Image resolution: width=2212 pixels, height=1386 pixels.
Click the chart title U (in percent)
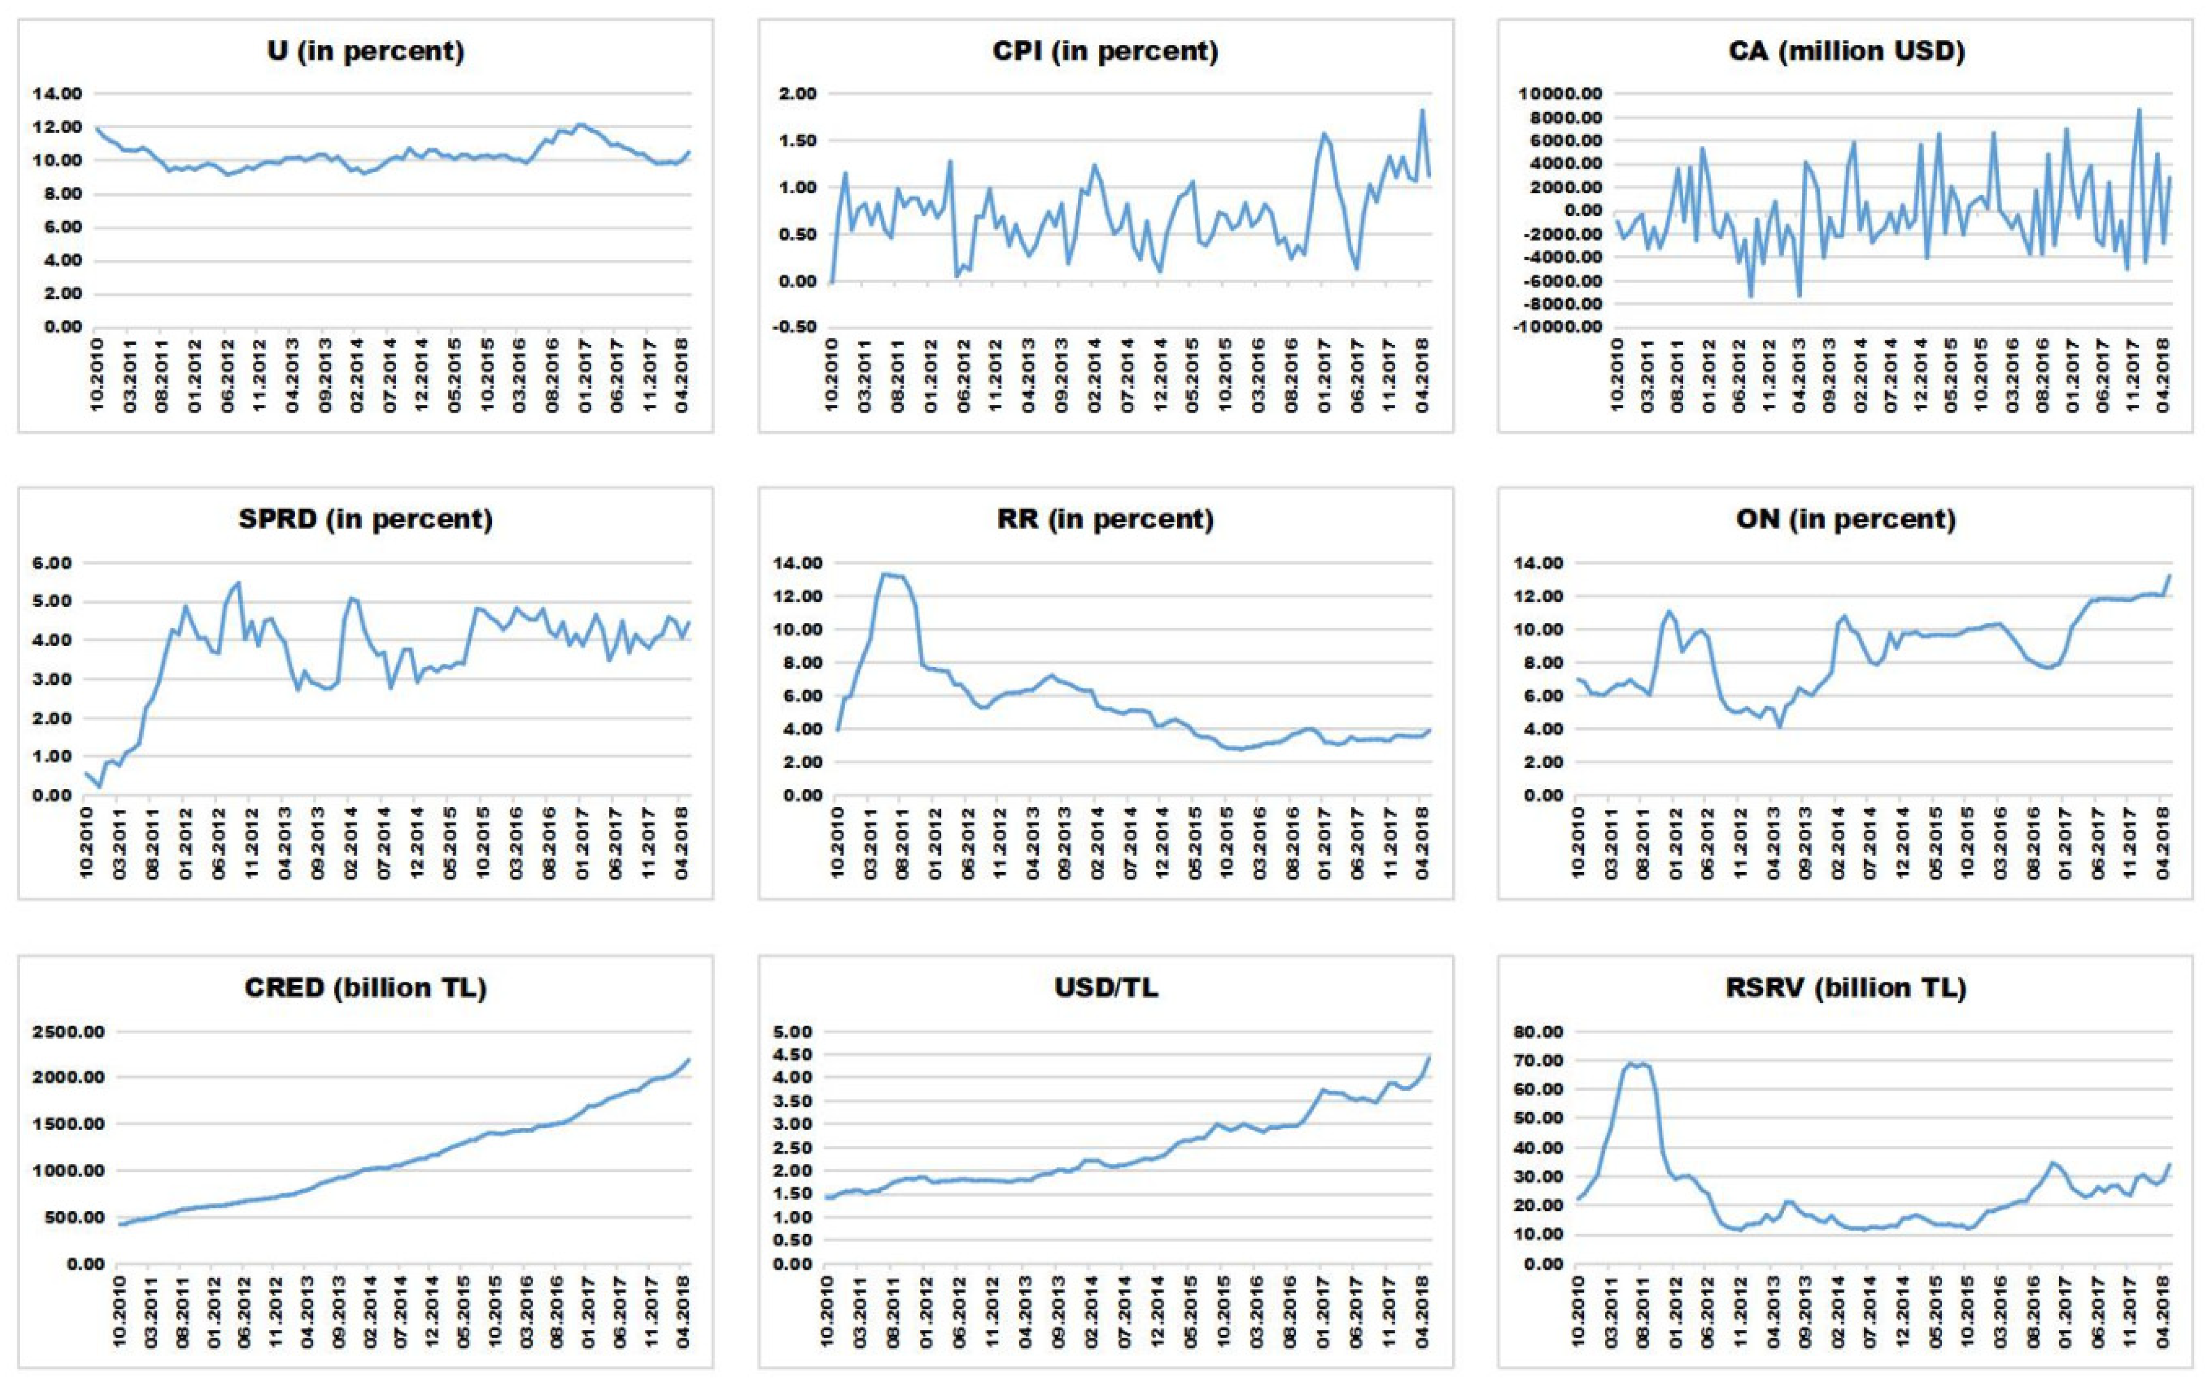tap(366, 51)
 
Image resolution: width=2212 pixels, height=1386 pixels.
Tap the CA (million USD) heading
tap(1846, 51)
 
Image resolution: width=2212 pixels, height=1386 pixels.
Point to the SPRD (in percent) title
tap(366, 520)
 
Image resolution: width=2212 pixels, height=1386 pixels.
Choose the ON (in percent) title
tap(1846, 520)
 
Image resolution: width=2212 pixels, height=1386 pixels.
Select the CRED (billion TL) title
tap(366, 988)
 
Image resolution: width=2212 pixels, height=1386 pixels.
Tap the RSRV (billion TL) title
tap(1846, 988)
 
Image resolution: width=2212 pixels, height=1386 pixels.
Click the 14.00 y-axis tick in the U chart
tap(57, 93)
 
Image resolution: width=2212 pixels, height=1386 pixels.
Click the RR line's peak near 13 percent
tap(885, 575)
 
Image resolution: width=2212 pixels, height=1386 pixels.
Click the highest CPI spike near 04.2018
tap(1422, 111)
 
